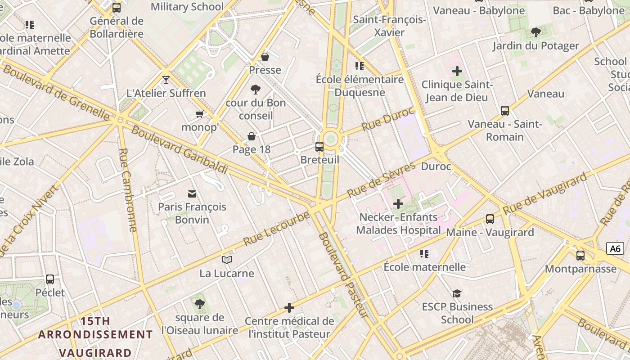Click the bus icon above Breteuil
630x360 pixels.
(x=319, y=146)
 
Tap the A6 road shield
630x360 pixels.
(x=615, y=248)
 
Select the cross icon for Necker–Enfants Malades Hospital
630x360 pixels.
(x=398, y=204)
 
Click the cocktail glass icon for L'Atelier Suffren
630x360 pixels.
(x=166, y=80)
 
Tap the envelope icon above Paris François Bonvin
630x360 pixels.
(x=192, y=194)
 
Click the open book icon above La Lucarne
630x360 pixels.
(x=227, y=260)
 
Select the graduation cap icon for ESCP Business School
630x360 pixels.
(x=457, y=293)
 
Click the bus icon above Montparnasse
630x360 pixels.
(x=580, y=256)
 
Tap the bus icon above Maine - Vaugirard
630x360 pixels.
(x=490, y=219)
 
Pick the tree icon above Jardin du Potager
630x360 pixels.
(x=535, y=32)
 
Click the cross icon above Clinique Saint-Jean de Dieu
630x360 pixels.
(x=457, y=71)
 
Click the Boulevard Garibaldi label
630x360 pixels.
(x=179, y=150)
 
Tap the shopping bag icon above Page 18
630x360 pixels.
(x=252, y=136)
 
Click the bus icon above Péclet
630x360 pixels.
(x=50, y=279)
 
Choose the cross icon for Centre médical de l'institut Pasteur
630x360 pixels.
(x=289, y=308)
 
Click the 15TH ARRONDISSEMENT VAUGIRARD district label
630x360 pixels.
(x=95, y=337)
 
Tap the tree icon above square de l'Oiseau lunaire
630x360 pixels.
(x=200, y=304)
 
